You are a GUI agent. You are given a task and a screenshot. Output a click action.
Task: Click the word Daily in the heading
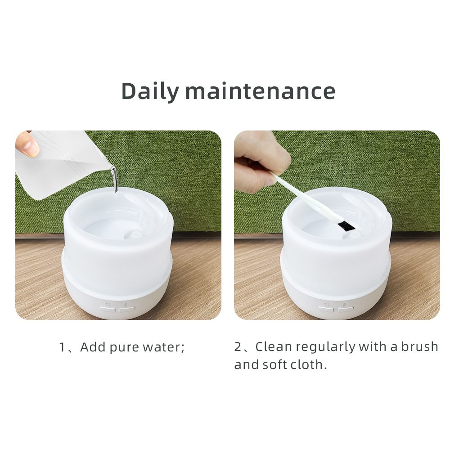pyautogui.click(x=150, y=91)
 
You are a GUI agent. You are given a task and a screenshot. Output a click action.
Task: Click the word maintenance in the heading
pyautogui.click(x=260, y=91)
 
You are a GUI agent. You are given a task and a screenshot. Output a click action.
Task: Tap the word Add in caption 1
pyautogui.click(x=93, y=347)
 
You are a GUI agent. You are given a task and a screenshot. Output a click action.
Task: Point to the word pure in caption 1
pyautogui.click(x=124, y=348)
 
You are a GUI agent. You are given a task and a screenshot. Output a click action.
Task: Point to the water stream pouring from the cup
pyautogui.click(x=114, y=180)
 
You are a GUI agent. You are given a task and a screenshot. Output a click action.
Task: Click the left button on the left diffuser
pyautogui.click(x=107, y=309)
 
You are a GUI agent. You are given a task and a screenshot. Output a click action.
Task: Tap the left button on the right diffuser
pyautogui.click(x=325, y=309)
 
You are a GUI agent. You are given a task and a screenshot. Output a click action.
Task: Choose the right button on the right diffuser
pyautogui.click(x=346, y=309)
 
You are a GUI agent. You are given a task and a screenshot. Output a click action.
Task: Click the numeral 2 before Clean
pyautogui.click(x=238, y=346)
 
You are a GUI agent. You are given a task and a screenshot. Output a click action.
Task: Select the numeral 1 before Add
pyautogui.click(x=62, y=347)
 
